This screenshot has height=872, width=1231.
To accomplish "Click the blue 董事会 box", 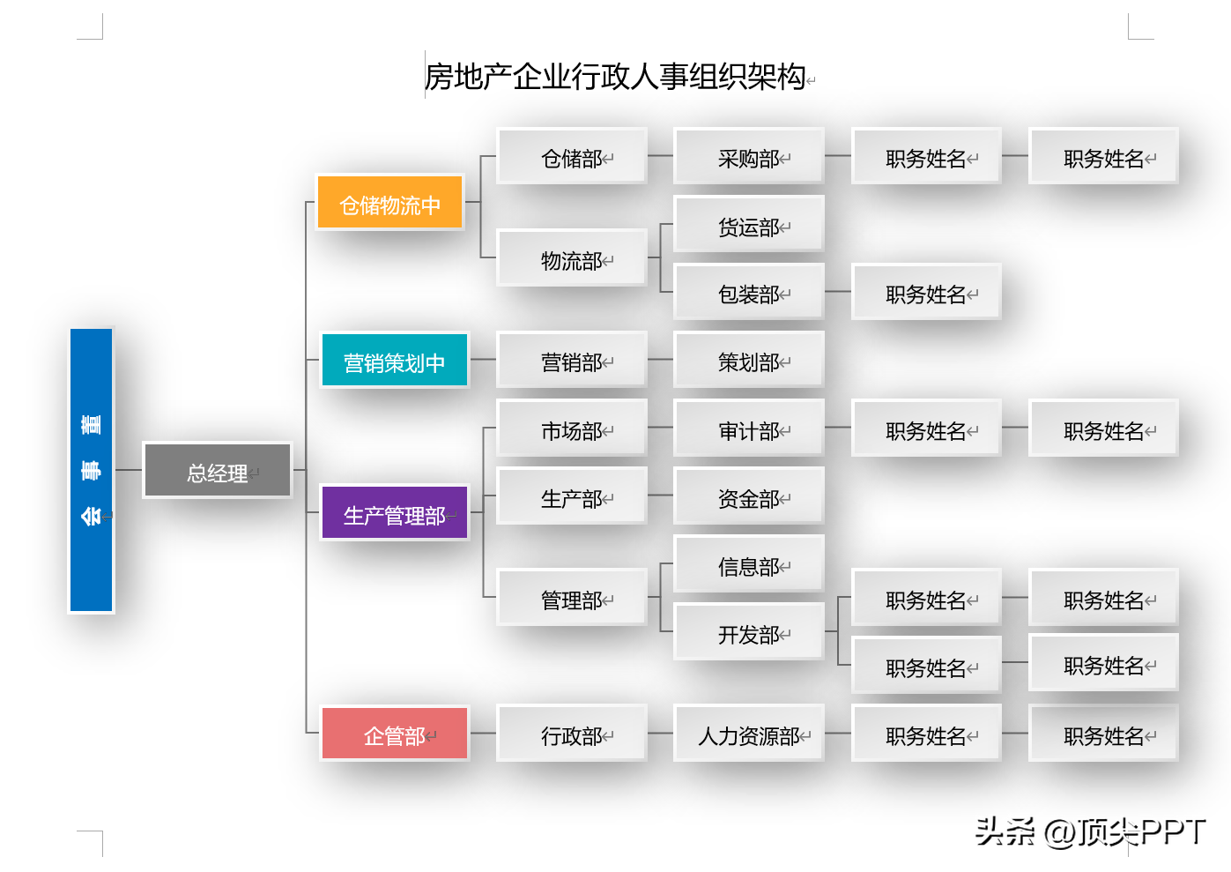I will pos(92,470).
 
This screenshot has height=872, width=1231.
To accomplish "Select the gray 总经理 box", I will pos(217,470).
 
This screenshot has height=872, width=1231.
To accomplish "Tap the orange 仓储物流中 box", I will pos(389,202).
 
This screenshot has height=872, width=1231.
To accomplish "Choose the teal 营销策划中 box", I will pos(394,360).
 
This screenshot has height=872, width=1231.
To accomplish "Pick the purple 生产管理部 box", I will pos(394,512).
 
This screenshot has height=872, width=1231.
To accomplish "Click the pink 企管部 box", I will pos(394,733).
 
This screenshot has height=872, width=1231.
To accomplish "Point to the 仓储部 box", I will pos(572,156).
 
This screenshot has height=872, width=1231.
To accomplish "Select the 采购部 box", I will pos(749,156).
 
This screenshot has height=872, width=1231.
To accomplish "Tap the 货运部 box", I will pos(749,224).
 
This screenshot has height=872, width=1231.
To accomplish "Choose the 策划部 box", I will pos(749,360).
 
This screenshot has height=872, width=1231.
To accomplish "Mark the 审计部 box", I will pos(749,428).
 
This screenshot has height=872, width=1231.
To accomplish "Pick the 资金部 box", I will pos(749,496).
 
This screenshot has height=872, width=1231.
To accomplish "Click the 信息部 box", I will pos(749,563).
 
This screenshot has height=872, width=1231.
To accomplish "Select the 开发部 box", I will pos(749,631).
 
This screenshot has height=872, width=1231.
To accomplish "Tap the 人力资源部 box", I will pos(749,733).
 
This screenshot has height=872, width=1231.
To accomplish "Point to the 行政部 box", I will pos(572,733).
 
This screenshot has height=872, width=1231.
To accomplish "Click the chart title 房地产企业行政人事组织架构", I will pos(615,77).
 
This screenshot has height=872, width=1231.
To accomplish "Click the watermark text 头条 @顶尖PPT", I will pos(1089,831).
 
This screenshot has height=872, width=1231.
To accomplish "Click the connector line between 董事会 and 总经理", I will pos(129,470).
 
